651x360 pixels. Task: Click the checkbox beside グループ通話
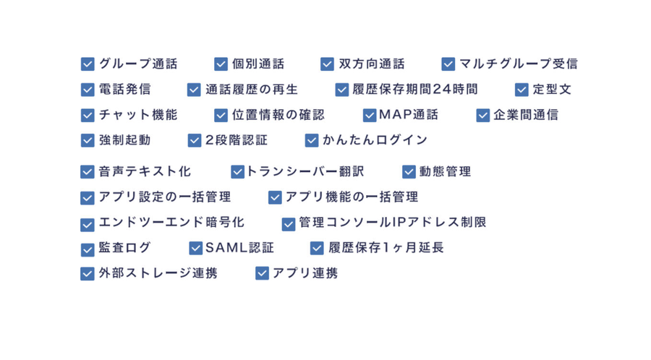(88, 64)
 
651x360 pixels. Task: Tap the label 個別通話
(258, 64)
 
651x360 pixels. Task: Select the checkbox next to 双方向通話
(327, 64)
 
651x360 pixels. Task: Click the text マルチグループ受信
(518, 64)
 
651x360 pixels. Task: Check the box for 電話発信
(88, 90)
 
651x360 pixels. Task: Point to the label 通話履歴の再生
(251, 90)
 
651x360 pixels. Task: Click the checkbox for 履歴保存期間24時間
(342, 90)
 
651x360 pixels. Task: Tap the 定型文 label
(552, 90)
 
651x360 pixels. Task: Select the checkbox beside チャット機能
(88, 115)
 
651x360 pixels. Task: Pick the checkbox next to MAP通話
(370, 115)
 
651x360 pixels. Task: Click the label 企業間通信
(526, 115)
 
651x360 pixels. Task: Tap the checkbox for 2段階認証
(194, 140)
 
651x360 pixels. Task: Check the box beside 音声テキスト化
(88, 172)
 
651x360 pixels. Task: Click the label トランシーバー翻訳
(305, 172)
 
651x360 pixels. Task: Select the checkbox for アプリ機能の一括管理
(275, 197)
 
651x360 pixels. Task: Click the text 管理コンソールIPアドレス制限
(392, 223)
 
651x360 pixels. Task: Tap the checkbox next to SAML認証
(195, 248)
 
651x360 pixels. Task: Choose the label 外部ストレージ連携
(158, 273)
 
